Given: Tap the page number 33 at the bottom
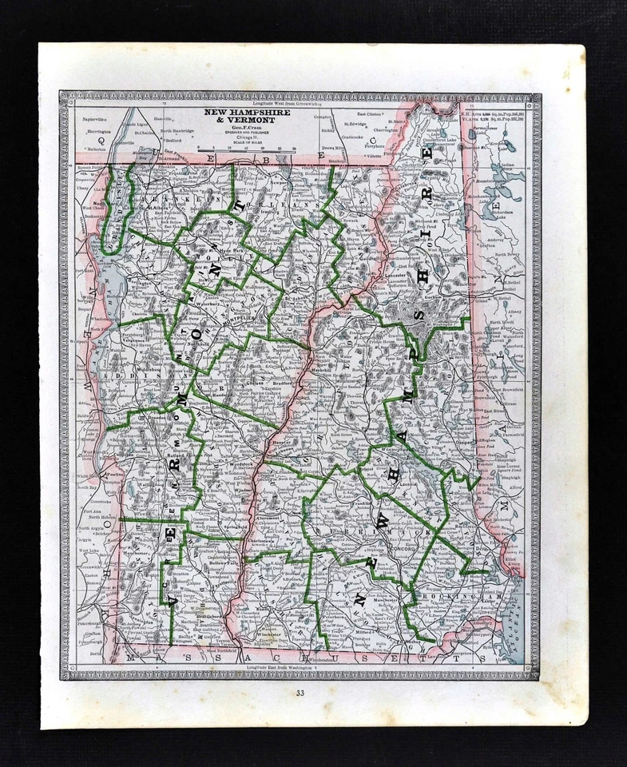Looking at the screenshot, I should tap(300, 693).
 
